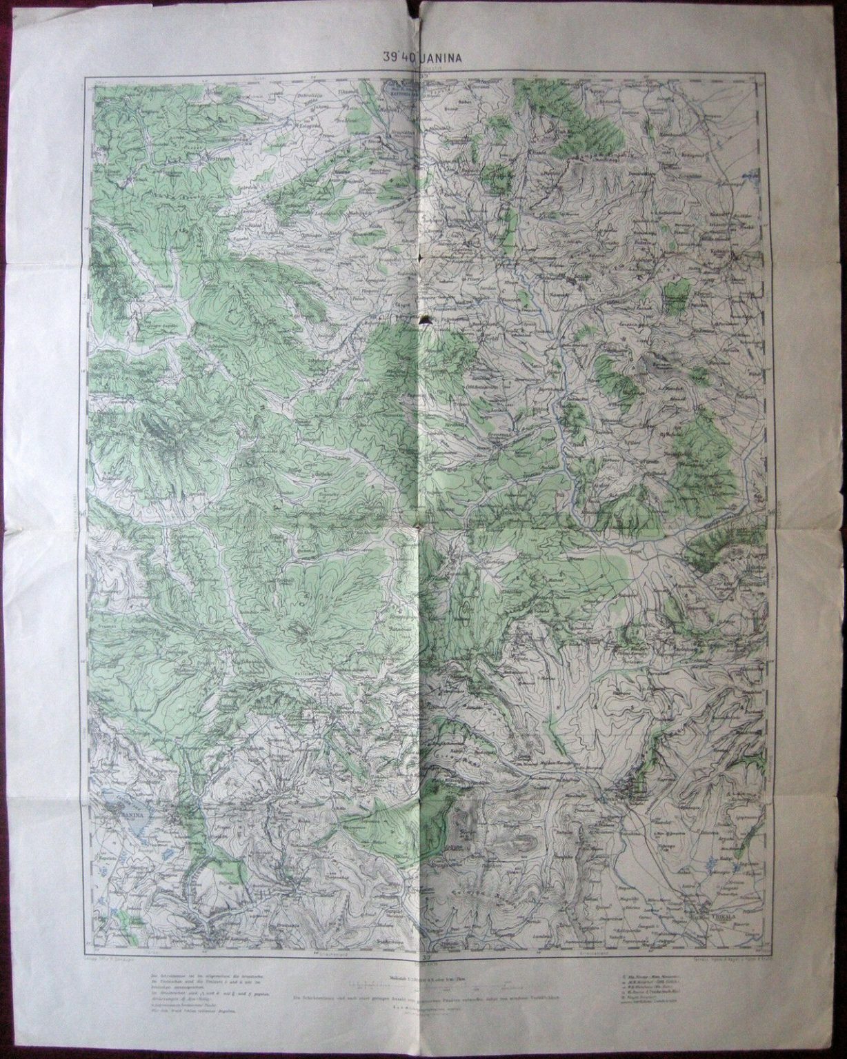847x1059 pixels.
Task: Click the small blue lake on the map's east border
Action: pos(746,177)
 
